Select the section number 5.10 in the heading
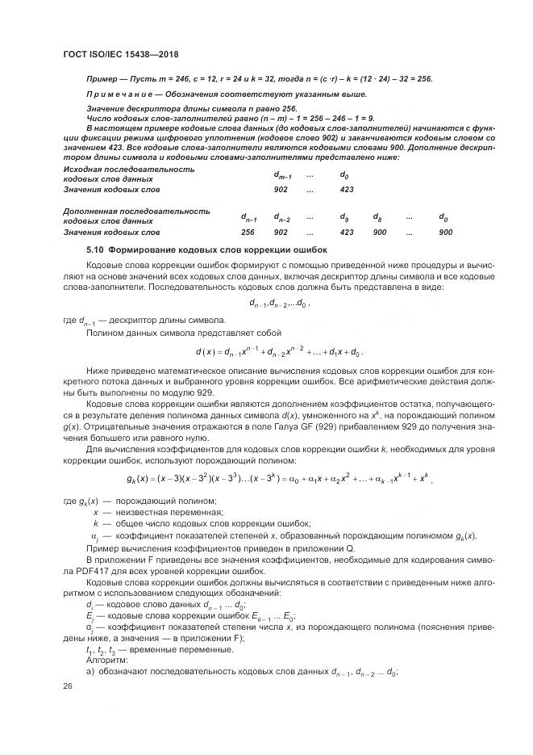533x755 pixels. point(96,250)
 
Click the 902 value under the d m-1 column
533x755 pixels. point(281,189)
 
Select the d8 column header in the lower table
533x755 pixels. point(377,217)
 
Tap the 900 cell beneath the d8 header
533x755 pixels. point(380,232)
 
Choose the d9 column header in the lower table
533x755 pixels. point(344,217)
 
